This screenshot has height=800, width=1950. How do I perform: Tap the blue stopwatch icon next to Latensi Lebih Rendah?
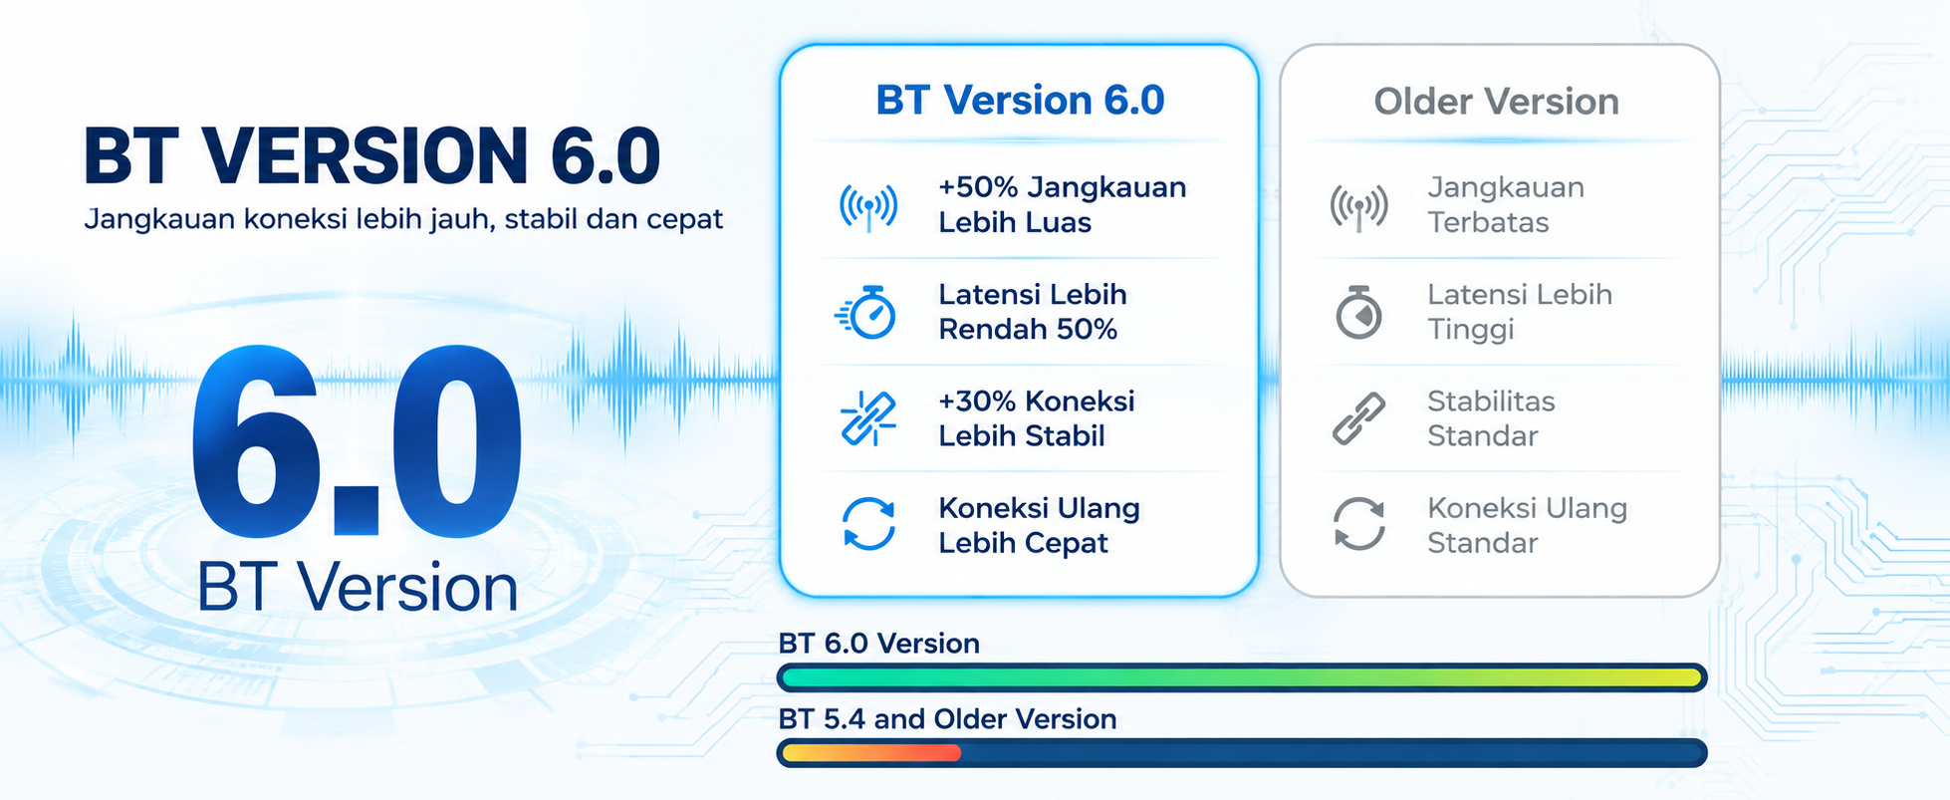point(866,313)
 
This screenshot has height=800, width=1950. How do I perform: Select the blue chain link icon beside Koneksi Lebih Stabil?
point(867,418)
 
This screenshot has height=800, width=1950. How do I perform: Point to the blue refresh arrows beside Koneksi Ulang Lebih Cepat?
point(868,524)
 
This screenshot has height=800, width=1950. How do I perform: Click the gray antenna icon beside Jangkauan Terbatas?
point(1358,207)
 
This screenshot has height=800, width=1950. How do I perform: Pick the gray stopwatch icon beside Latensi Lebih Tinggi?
point(1358,313)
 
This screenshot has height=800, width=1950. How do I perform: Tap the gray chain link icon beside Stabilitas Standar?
point(1358,418)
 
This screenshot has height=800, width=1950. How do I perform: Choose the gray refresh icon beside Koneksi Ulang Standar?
point(1359,524)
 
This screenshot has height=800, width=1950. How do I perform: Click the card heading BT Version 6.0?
point(1020,101)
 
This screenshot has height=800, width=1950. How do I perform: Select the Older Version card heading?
point(1496,102)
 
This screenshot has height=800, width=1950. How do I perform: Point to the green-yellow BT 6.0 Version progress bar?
point(1242,678)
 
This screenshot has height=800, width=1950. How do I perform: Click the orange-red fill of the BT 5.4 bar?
point(871,753)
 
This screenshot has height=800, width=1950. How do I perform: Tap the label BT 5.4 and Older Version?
point(947,719)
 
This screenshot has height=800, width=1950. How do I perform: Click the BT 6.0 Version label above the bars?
point(878,644)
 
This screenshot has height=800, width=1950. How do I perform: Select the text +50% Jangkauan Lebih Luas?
point(1062,204)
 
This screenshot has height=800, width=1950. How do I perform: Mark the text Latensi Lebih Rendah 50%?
point(1033,311)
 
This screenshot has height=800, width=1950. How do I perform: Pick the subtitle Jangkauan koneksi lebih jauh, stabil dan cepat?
point(403,219)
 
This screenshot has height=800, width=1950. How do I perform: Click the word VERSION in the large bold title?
point(365,156)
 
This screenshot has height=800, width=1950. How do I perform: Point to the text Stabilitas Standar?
point(1491,418)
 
